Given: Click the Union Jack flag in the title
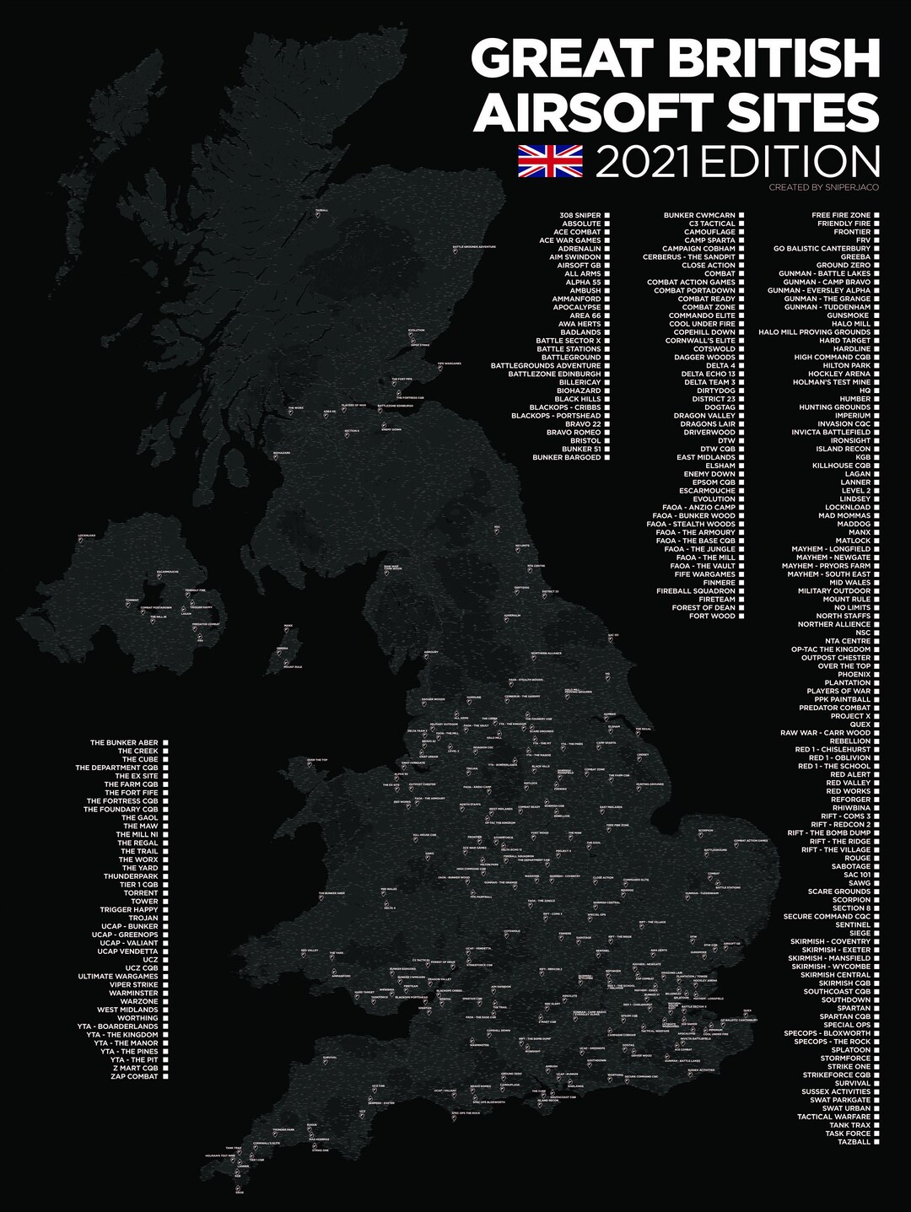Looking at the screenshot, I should [x=550, y=160].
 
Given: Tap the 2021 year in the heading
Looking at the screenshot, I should [x=645, y=162].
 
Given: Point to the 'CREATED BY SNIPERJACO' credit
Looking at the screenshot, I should [x=823, y=187].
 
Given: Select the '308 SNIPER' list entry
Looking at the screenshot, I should [x=579, y=215].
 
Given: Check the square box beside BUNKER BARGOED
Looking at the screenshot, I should [x=606, y=457].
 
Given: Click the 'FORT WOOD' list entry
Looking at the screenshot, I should [x=712, y=616].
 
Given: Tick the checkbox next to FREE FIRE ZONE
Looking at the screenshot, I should [x=876, y=215].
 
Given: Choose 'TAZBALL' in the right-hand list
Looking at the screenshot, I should [x=854, y=1142].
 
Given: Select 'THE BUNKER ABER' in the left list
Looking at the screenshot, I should [x=124, y=743].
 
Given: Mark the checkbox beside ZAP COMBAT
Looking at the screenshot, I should [x=165, y=1076].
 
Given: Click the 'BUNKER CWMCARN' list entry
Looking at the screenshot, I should [x=698, y=215].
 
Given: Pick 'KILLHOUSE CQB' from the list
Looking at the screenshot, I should [x=841, y=466].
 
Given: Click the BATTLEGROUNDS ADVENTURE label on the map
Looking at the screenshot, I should [x=473, y=247].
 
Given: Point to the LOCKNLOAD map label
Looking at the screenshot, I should [x=87, y=535].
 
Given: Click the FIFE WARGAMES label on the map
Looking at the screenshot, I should [x=450, y=364].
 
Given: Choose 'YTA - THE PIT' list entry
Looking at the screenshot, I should [x=133, y=1059].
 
